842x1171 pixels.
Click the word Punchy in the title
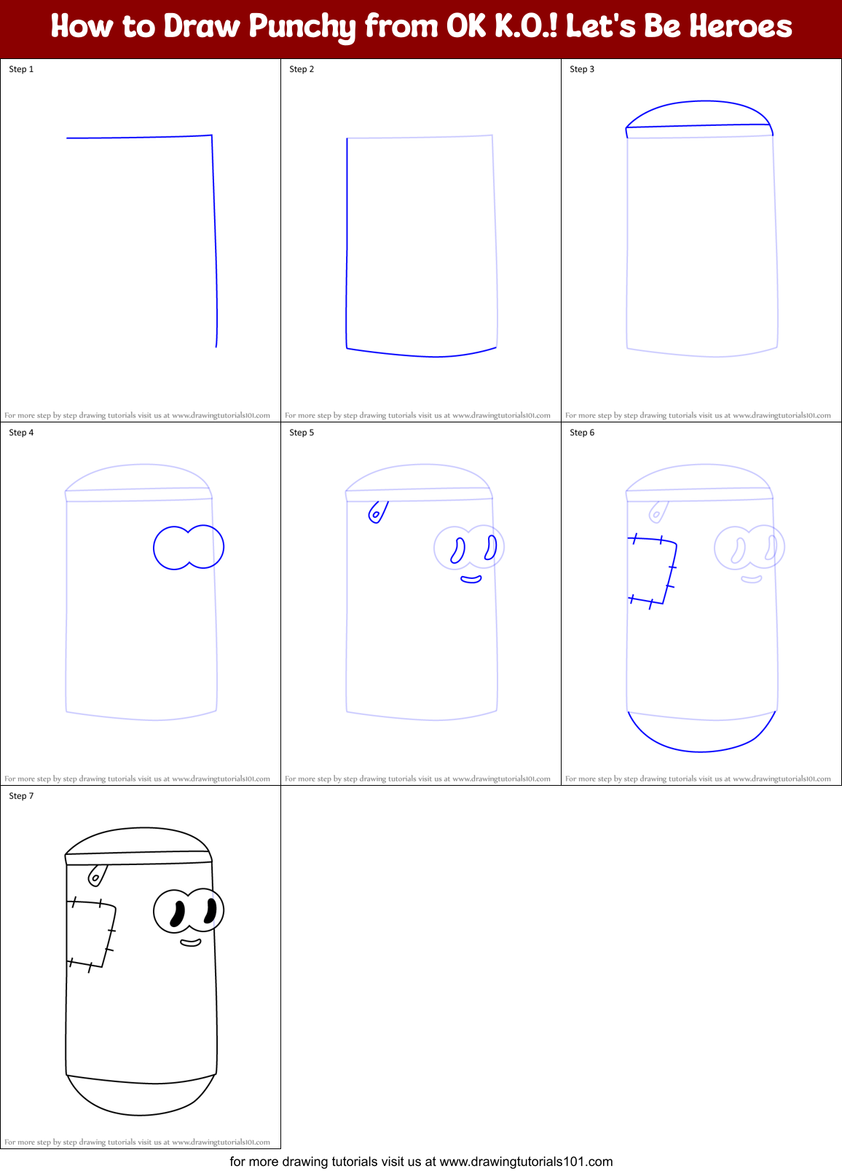point(302,27)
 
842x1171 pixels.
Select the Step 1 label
point(21,69)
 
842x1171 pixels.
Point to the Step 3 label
point(582,69)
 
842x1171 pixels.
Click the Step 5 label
point(302,433)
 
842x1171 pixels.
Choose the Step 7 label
point(21,796)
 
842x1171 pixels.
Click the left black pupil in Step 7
point(177,914)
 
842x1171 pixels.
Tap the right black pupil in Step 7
point(210,911)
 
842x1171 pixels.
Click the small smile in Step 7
point(191,943)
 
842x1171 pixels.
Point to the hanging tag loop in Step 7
point(96,875)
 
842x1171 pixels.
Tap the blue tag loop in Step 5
point(377,512)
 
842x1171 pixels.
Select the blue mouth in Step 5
point(471,580)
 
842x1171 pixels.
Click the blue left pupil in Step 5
point(458,551)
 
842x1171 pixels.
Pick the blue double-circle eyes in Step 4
point(189,547)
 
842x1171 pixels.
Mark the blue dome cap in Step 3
point(699,114)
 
